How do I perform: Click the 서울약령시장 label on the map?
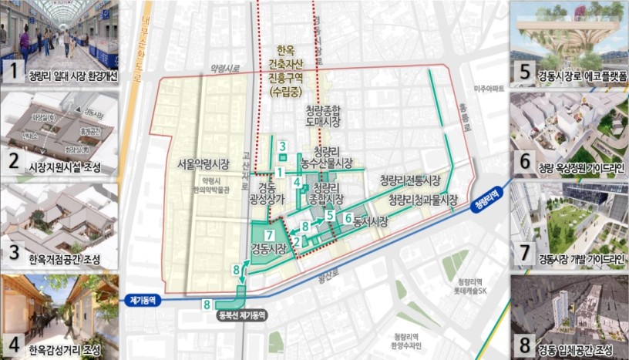tap(203, 163)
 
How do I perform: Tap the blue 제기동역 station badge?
tap(143, 301)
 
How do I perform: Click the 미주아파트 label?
tap(489, 89)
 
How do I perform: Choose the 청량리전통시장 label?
tap(409, 180)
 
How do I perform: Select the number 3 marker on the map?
tap(283, 146)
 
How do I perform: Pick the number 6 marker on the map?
tap(348, 218)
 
